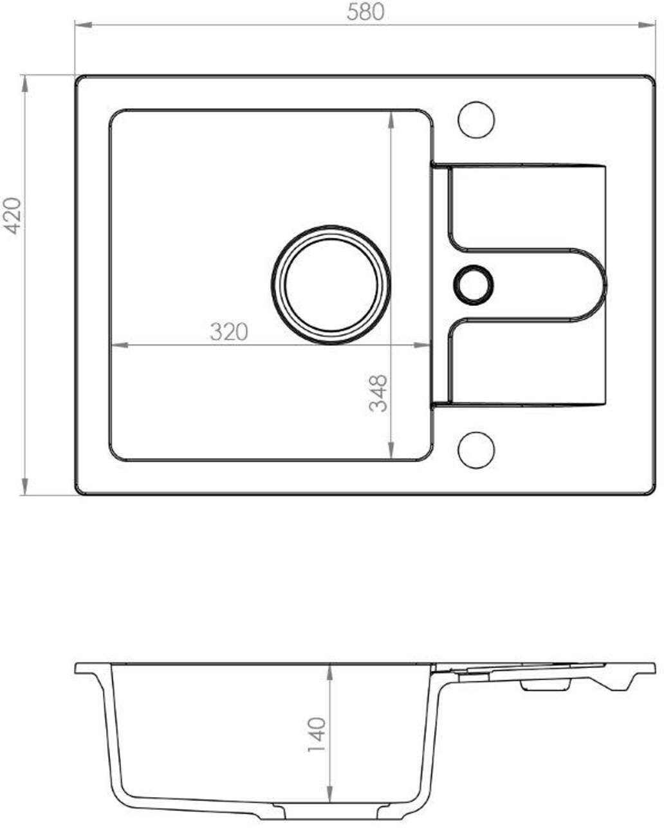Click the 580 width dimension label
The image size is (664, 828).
(365, 12)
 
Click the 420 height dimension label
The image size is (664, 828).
(12, 216)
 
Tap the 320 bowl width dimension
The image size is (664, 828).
(229, 332)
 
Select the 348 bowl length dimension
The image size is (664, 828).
(378, 393)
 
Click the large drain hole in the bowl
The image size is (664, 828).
(331, 285)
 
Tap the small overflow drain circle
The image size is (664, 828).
(474, 285)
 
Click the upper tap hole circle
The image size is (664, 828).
(476, 120)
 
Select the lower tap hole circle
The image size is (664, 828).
(476, 450)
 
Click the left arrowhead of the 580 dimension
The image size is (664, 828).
(83, 25)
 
